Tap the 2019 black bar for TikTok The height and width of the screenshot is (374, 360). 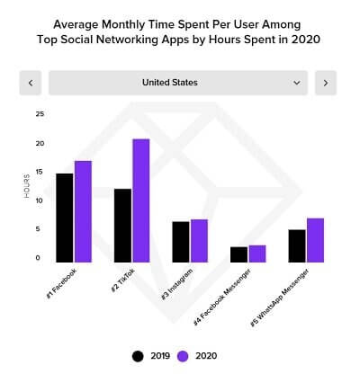coord(122,225)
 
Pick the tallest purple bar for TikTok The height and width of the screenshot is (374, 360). coord(140,200)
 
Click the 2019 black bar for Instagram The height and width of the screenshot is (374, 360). coord(181,242)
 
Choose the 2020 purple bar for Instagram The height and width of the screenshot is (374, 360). coord(199,241)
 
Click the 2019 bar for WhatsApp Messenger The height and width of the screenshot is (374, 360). coord(297,245)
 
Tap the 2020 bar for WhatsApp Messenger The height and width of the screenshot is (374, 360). coord(315,240)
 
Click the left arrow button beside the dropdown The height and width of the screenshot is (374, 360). coord(31,83)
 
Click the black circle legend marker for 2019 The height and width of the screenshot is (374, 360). coord(138,355)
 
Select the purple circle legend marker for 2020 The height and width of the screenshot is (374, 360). coord(184,355)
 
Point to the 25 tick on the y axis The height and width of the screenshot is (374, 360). coord(39,114)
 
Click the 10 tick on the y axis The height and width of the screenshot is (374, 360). coord(39,200)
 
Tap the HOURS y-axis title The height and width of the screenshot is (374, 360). coord(27,185)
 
